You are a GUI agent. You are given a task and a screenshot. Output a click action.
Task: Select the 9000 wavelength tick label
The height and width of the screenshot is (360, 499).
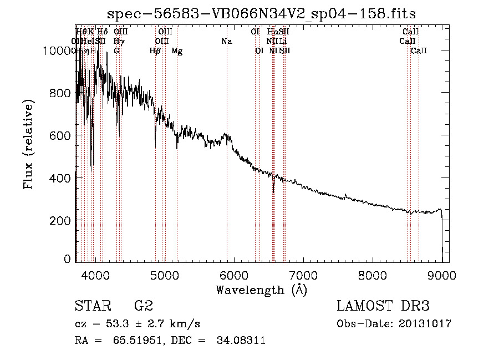pos(442,273)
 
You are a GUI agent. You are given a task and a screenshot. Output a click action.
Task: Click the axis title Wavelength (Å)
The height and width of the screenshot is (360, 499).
pos(261,290)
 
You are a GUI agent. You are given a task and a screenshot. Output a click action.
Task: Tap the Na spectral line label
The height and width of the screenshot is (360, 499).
pos(226,42)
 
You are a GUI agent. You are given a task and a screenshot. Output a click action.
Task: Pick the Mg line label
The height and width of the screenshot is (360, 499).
pos(177,51)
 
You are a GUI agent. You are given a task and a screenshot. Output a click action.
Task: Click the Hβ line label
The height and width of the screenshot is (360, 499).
pos(155,51)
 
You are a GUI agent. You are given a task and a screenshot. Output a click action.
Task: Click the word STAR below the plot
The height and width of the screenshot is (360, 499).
pos(90,306)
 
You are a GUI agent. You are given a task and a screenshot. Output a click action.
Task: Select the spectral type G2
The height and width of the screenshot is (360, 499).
pos(144,306)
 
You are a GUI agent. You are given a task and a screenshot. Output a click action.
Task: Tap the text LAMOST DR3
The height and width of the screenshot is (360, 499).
pos(383,306)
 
